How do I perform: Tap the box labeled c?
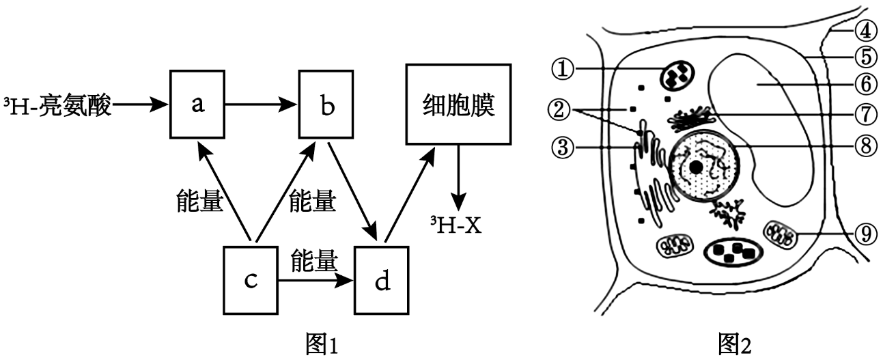251,281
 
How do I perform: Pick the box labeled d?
382,281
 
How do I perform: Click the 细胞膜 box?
459,105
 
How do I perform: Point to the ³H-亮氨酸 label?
58,106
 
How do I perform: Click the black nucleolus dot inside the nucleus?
696,167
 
